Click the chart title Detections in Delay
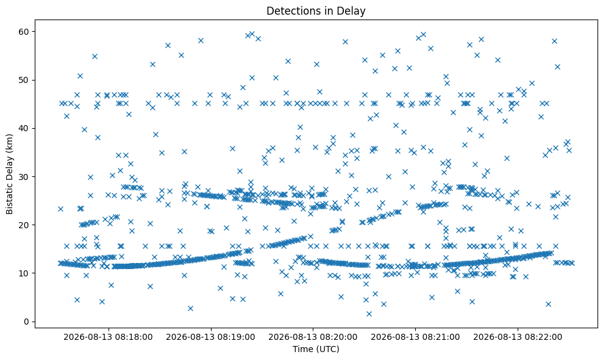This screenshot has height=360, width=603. click(316, 11)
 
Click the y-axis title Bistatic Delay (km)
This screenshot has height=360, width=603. click(9, 174)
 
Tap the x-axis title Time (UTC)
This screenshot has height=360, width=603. click(316, 349)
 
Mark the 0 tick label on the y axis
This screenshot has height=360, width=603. click(27, 322)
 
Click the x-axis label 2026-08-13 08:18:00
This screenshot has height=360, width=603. click(108, 337)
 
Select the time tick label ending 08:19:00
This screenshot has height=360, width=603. click(210, 337)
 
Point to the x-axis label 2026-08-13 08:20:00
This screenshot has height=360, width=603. click(313, 337)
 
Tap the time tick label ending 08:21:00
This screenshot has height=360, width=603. click(415, 337)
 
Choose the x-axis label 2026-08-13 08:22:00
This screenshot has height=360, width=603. click(517, 337)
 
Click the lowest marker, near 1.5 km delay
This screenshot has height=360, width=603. click(369, 314)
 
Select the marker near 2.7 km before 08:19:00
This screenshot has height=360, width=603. click(190, 308)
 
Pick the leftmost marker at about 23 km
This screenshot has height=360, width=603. click(60, 209)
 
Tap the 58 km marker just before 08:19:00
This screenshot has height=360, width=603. click(201, 41)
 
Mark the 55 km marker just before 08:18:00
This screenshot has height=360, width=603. click(95, 57)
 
